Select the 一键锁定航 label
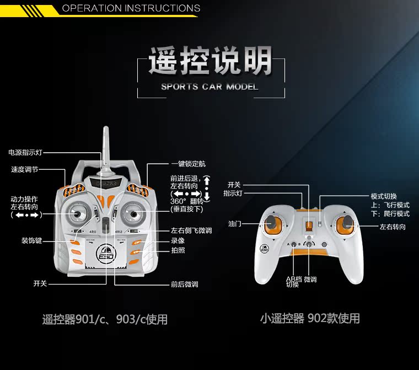point(188,164)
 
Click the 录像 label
point(178,241)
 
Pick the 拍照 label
point(178,251)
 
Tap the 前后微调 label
point(184,285)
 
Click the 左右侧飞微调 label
point(191,230)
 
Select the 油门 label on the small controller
point(235,224)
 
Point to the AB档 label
point(293,279)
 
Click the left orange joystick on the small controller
point(272,224)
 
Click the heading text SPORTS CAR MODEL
point(209,87)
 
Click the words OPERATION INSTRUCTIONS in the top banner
point(131,8)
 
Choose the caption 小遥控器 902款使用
point(310,318)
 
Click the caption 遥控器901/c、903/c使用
point(105,319)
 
